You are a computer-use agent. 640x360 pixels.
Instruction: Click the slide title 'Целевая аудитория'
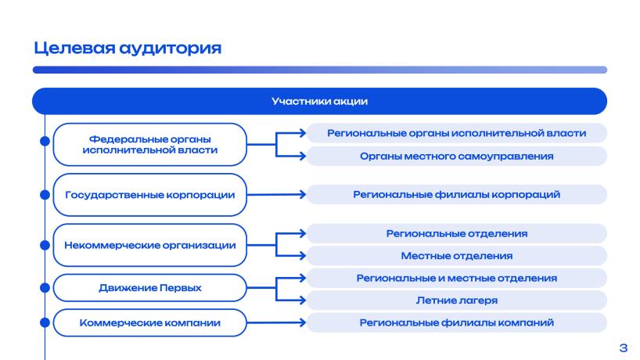click(128, 49)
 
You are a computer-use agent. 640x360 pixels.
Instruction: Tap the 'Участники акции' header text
click(319, 101)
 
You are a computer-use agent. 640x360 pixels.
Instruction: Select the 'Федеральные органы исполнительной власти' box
click(149, 145)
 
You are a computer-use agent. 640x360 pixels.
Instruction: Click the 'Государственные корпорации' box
click(149, 195)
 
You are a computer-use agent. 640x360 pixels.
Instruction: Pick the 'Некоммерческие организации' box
click(149, 245)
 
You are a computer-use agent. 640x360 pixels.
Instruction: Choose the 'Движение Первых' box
click(149, 288)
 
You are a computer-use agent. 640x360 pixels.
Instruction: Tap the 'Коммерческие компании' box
click(149, 323)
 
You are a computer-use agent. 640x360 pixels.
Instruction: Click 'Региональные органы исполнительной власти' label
click(457, 133)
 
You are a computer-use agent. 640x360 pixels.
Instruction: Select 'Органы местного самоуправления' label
click(457, 156)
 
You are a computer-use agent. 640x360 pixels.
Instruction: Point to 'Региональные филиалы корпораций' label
click(457, 194)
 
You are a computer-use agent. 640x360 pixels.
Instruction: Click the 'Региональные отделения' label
click(457, 233)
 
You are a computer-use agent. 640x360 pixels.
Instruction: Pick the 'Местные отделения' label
click(457, 256)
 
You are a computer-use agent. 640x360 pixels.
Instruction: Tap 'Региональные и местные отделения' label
click(457, 278)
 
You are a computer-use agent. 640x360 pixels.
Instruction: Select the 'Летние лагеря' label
click(457, 301)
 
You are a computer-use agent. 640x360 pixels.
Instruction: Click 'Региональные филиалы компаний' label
click(457, 322)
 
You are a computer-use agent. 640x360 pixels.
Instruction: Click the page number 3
click(624, 347)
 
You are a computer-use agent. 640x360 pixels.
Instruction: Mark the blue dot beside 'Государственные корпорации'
click(45, 195)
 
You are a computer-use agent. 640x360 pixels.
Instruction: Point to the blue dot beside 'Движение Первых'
click(45, 288)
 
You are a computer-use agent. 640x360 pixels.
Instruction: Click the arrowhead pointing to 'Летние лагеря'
click(303, 301)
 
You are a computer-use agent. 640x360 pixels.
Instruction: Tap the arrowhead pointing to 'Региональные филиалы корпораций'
click(303, 195)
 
